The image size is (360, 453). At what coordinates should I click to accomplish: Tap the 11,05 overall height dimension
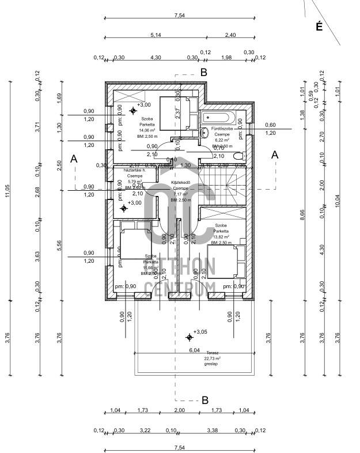click(x=8, y=194)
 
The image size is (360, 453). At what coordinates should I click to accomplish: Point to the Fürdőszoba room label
click(x=222, y=129)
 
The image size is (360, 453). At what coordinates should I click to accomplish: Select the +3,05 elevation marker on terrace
click(x=199, y=333)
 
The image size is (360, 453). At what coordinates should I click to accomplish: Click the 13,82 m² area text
click(x=222, y=237)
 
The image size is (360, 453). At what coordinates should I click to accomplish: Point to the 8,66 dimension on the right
click(x=302, y=214)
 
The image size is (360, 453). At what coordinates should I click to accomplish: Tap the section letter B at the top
click(x=203, y=72)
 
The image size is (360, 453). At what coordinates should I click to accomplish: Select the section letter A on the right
click(x=275, y=154)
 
